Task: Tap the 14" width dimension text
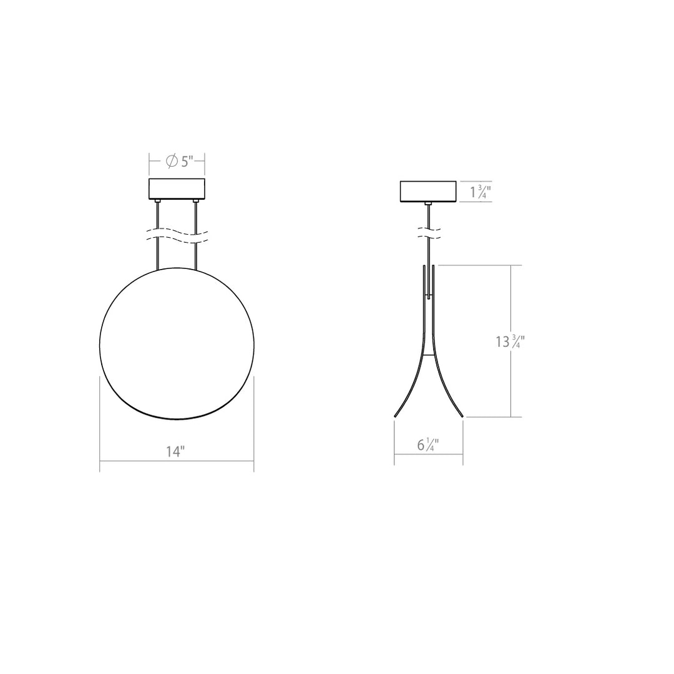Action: tap(175, 452)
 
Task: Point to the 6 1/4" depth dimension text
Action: tap(428, 445)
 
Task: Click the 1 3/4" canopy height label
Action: tap(480, 192)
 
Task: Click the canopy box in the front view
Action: tap(178, 189)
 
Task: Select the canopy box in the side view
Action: tap(428, 191)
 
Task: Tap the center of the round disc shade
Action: tap(177, 343)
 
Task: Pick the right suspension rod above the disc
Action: tap(197, 250)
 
